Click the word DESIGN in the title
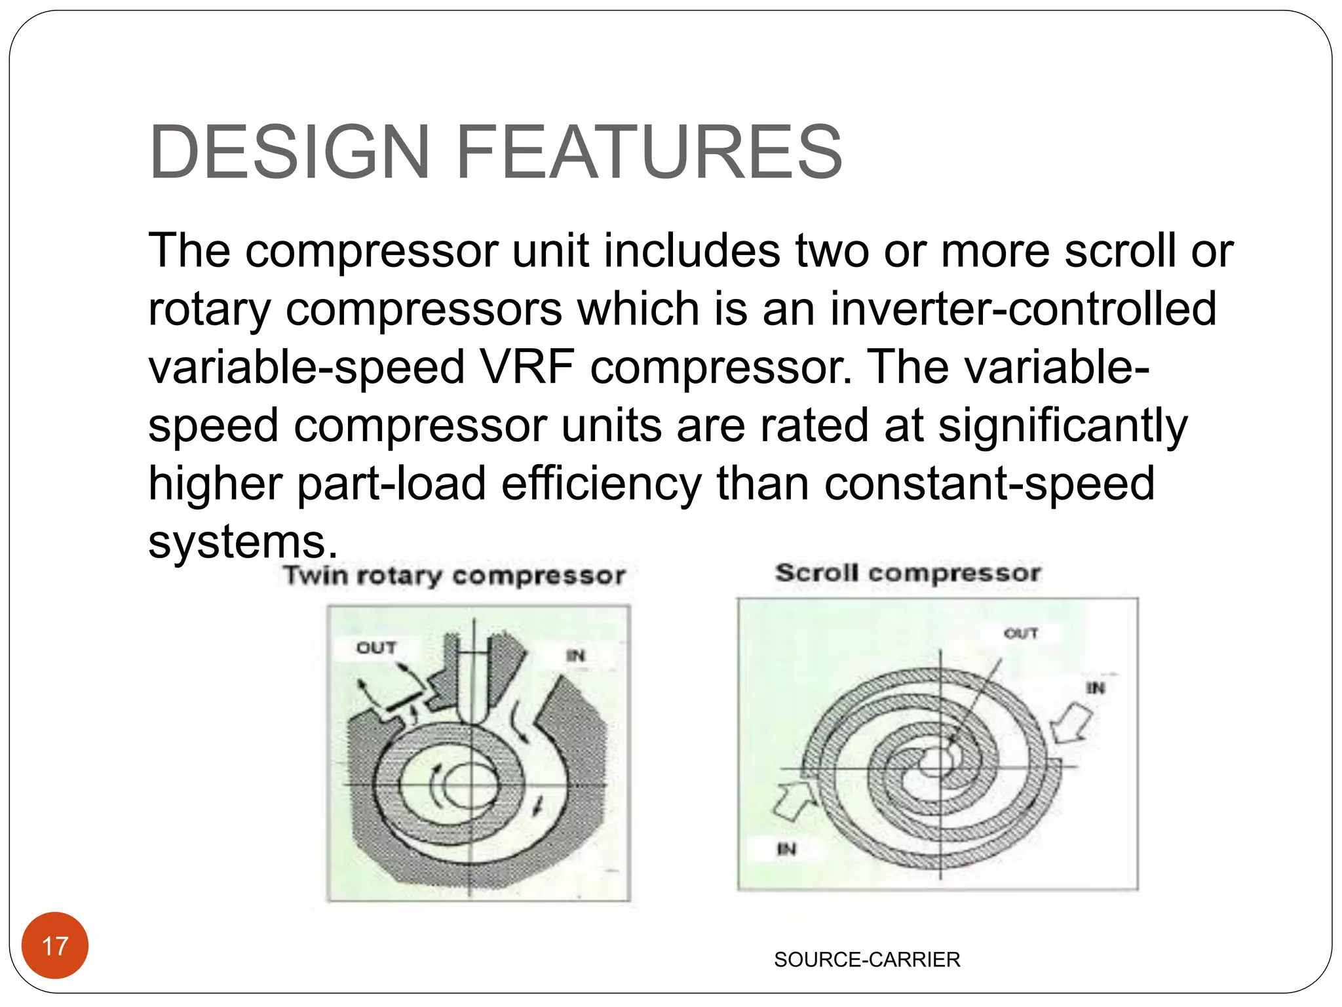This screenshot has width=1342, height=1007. [x=289, y=152]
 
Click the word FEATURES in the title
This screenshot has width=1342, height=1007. [x=648, y=152]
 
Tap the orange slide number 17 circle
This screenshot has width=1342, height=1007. [x=55, y=945]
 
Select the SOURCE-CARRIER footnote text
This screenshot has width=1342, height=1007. [x=866, y=960]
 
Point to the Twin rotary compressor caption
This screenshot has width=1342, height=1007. [x=454, y=576]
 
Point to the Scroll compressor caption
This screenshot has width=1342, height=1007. [x=908, y=573]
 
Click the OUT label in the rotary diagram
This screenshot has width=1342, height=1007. [x=376, y=648]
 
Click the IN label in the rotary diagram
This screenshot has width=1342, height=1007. [x=575, y=656]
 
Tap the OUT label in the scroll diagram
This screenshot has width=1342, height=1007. [x=1021, y=633]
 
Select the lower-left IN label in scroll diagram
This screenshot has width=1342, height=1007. [x=786, y=850]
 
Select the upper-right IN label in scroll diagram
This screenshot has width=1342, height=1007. [x=1096, y=688]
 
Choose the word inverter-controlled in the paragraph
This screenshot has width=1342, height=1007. [x=1023, y=309]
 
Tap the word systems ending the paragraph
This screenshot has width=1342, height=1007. [x=237, y=542]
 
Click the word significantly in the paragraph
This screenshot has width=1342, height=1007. [x=1062, y=426]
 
